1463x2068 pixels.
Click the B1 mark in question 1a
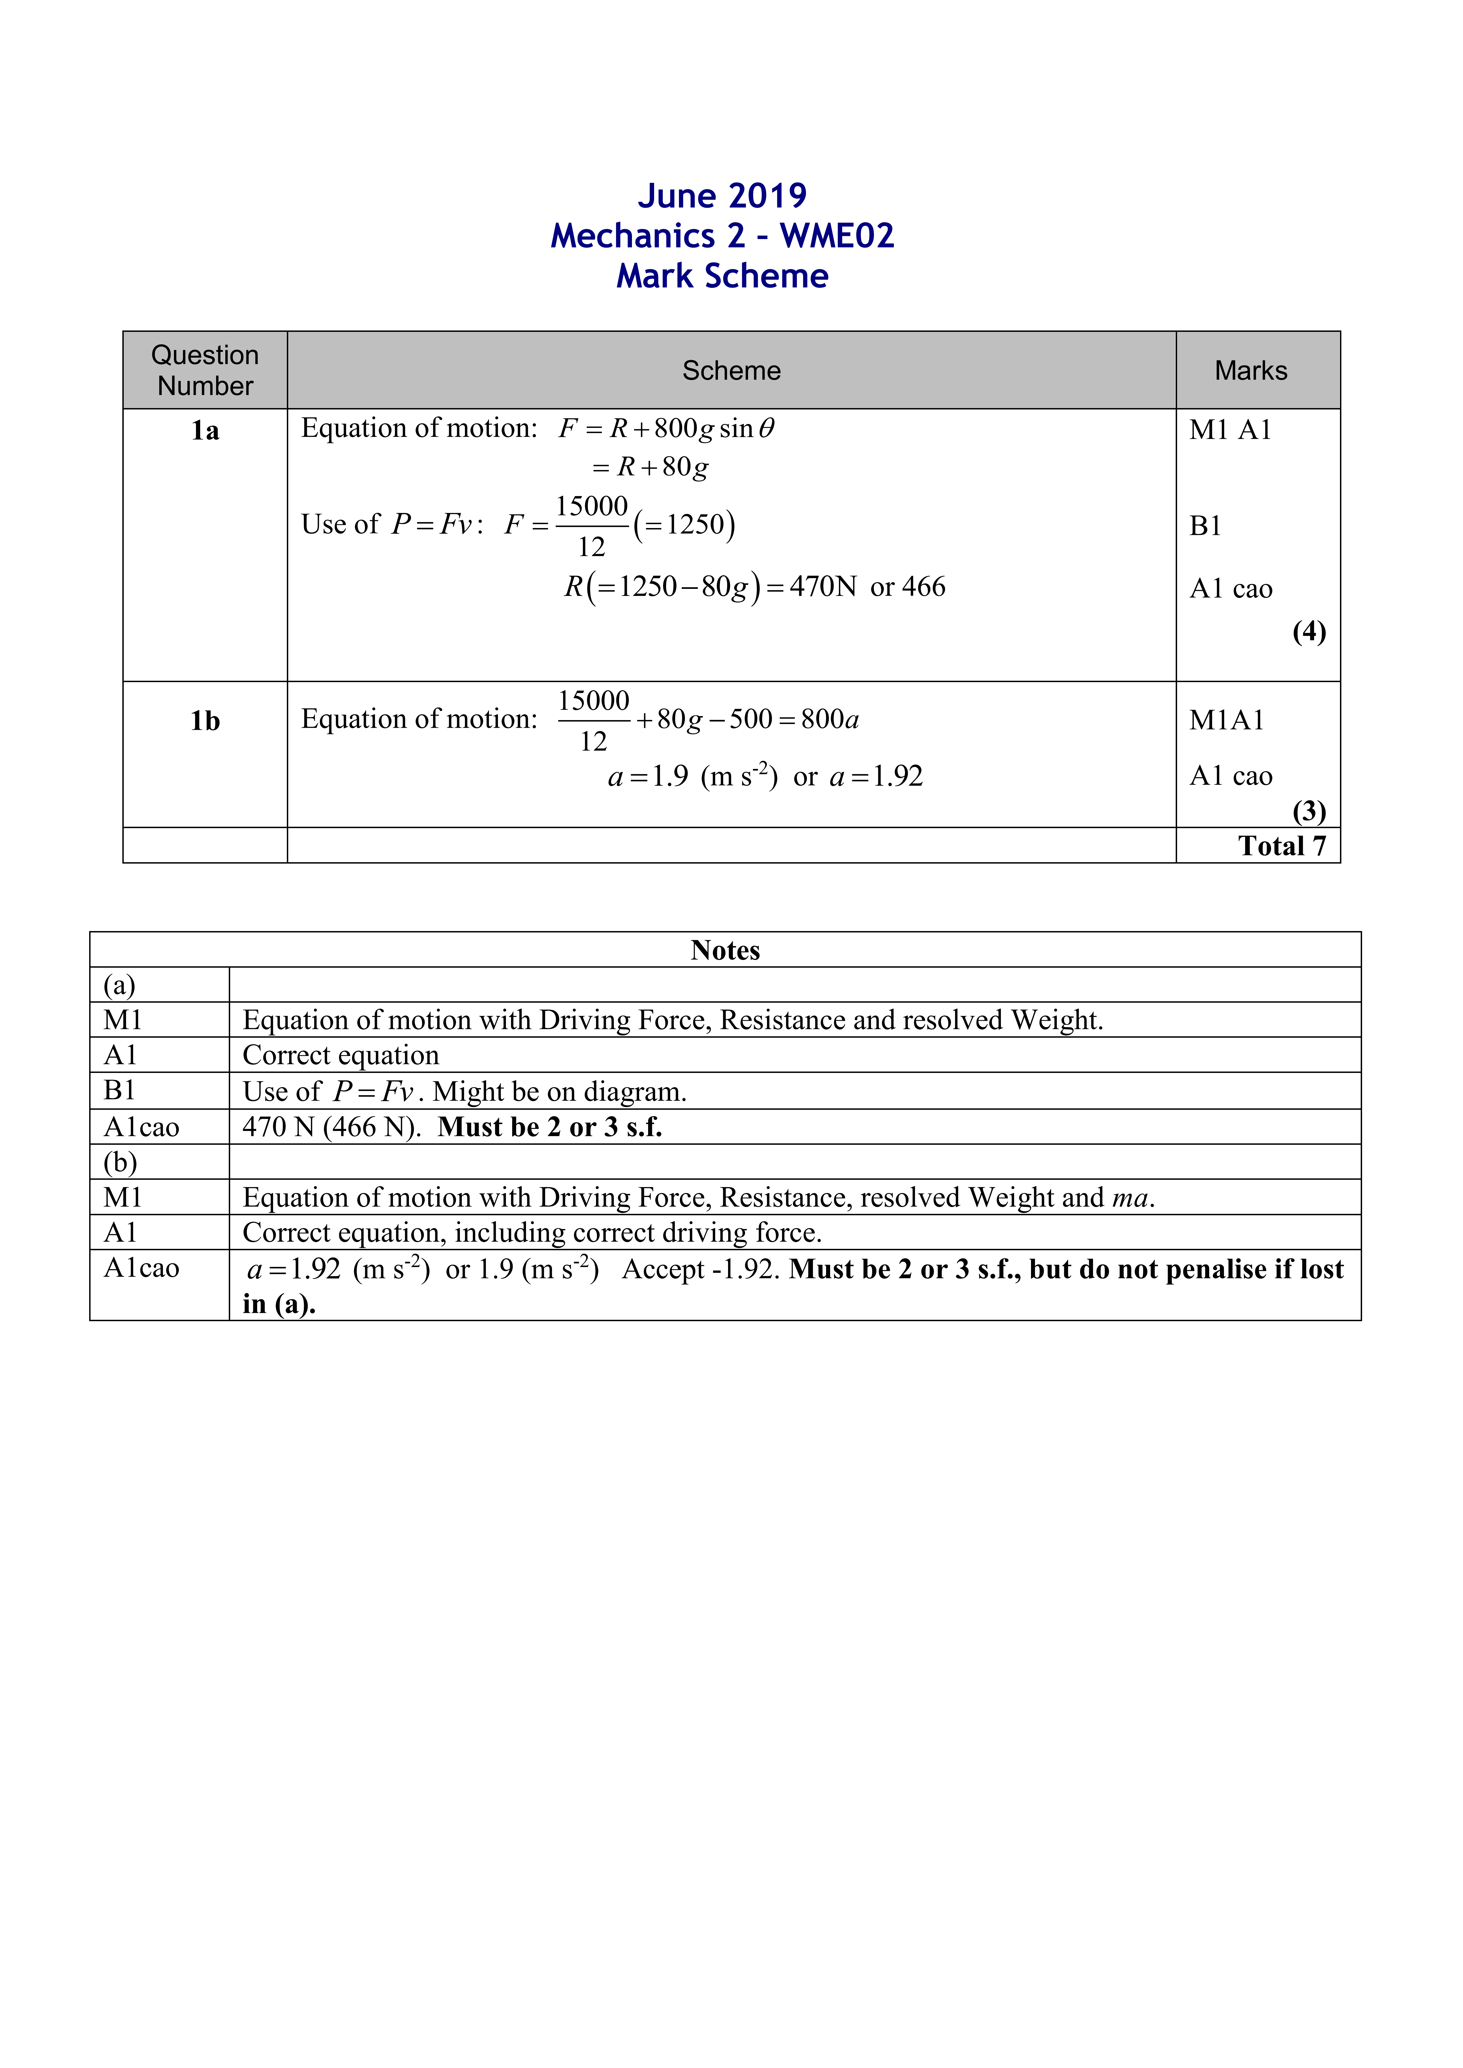pyautogui.click(x=1205, y=526)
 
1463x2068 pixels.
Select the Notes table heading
pyautogui.click(x=725, y=950)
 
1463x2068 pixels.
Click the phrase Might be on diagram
pyautogui.click(x=558, y=1092)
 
